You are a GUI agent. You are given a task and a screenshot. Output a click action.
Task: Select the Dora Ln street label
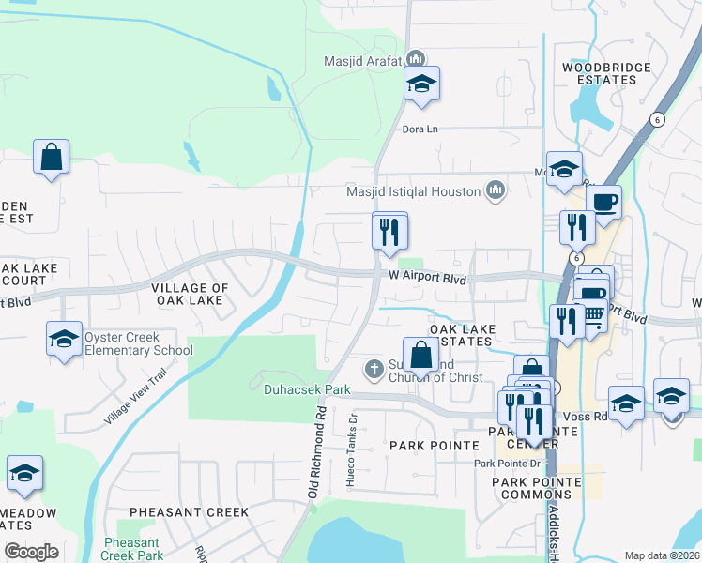tap(420, 129)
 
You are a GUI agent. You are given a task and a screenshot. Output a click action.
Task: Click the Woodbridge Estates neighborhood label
tap(600, 73)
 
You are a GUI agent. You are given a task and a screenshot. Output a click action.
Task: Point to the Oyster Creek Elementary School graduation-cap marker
tap(64, 340)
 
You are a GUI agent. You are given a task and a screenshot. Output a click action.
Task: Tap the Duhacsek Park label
tap(307, 388)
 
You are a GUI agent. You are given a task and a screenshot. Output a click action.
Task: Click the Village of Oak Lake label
tap(190, 294)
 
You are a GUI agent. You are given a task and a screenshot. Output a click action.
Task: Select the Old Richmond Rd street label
tap(317, 450)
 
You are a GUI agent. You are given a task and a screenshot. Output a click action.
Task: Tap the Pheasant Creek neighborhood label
tap(189, 512)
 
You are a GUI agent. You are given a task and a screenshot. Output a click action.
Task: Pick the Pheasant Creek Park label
tap(132, 549)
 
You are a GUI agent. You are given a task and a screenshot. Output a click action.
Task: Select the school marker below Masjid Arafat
tap(422, 84)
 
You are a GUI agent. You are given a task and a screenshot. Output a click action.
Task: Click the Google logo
tap(31, 552)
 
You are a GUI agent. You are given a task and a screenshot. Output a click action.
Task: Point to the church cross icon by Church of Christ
tap(374, 368)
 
